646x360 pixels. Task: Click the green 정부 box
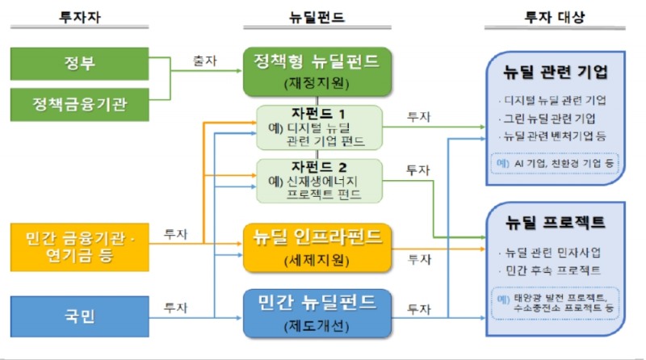[x=80, y=64]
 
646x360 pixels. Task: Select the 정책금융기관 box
[x=80, y=104]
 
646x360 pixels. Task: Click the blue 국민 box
[x=80, y=316]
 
